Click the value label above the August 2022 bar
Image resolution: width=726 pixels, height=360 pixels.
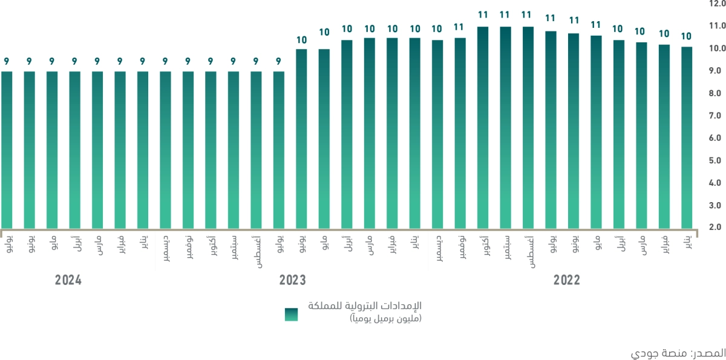pos(528,15)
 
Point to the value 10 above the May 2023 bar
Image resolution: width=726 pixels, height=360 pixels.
pos(324,33)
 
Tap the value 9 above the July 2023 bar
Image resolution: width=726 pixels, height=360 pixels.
pos(279,61)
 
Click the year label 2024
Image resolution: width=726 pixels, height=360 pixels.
pos(68,280)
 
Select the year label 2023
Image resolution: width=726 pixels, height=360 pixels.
pos(292,280)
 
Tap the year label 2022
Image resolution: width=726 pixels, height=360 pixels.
pos(566,280)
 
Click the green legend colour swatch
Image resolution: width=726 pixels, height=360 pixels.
pos(292,315)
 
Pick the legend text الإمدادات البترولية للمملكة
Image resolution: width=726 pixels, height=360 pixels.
pos(365,306)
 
